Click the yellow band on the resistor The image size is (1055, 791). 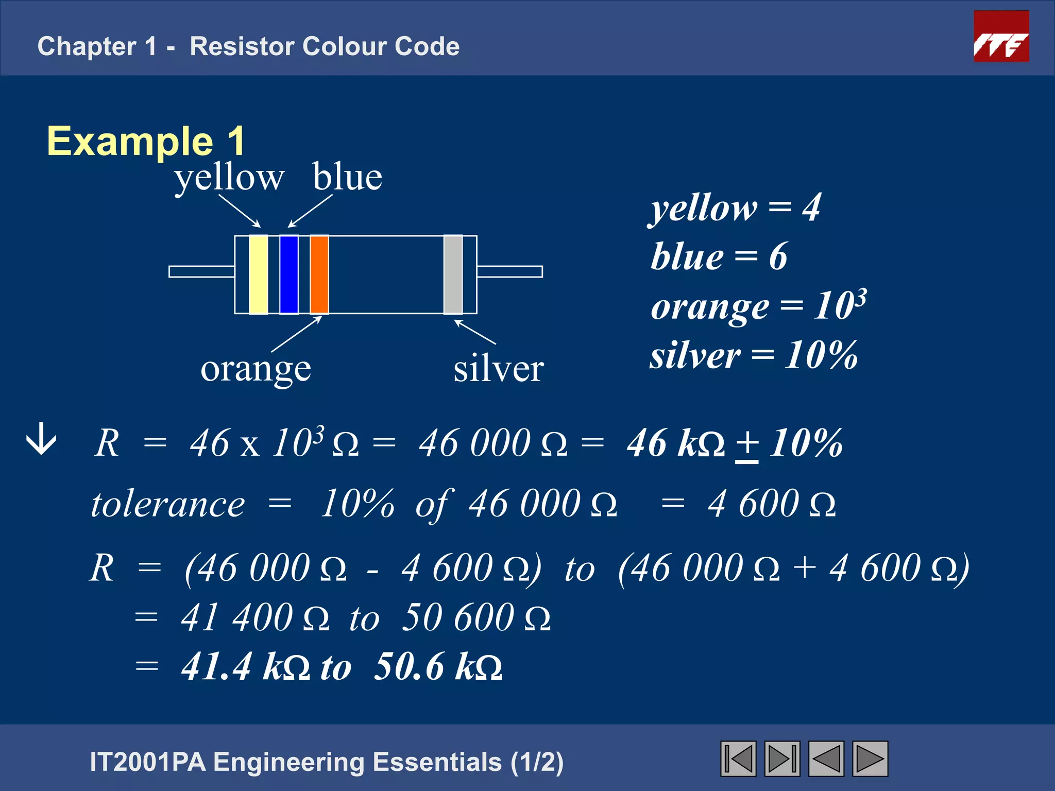coord(258,274)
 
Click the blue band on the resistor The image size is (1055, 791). coord(288,274)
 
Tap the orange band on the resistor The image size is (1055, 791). coord(319,274)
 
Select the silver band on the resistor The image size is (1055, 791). coord(453,274)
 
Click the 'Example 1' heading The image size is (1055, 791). coord(146,141)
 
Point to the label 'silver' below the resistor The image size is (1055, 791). coord(498,369)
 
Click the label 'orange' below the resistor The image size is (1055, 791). coord(256,370)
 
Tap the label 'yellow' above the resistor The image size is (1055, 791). coord(229,178)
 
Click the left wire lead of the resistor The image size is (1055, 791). coord(201,271)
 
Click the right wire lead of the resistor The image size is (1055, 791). coord(509,271)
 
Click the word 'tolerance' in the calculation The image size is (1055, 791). coord(168,504)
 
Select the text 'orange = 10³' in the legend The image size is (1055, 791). coord(758,306)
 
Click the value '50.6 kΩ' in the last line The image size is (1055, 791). coord(438,667)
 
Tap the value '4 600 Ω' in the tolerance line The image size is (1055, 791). coord(771,504)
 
